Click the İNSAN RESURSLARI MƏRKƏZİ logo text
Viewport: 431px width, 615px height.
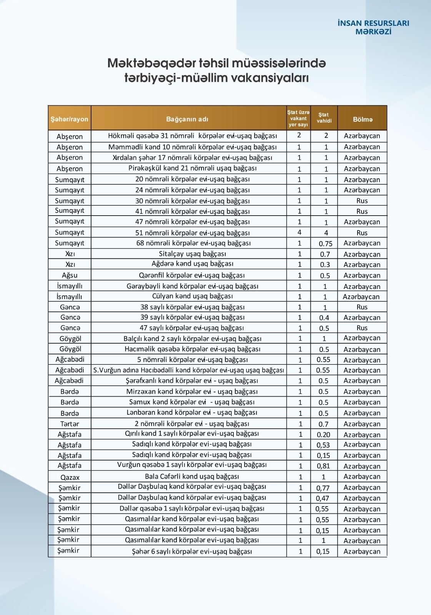point(373,27)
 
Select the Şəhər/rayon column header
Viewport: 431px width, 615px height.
point(69,119)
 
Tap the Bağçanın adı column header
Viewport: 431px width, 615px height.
point(187,119)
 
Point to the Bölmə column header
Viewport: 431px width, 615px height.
point(363,119)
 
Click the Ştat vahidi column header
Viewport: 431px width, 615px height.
point(324,118)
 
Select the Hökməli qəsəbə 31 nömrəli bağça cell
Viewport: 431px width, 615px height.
point(192,136)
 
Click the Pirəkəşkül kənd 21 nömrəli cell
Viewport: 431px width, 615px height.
point(192,168)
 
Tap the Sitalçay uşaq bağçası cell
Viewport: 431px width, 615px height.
point(192,254)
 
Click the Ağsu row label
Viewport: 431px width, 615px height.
point(70,275)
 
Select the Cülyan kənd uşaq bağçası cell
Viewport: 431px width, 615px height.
point(192,296)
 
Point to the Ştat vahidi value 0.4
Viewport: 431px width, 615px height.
point(324,318)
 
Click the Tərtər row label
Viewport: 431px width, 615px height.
point(70,424)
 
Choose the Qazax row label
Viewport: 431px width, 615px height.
point(70,477)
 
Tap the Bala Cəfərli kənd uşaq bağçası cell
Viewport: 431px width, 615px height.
point(192,477)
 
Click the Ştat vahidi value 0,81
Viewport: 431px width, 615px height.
point(323,466)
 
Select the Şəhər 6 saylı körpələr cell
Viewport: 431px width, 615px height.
point(192,551)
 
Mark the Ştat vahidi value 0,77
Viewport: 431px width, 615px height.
point(323,488)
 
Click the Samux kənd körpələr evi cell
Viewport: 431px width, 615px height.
point(192,402)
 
